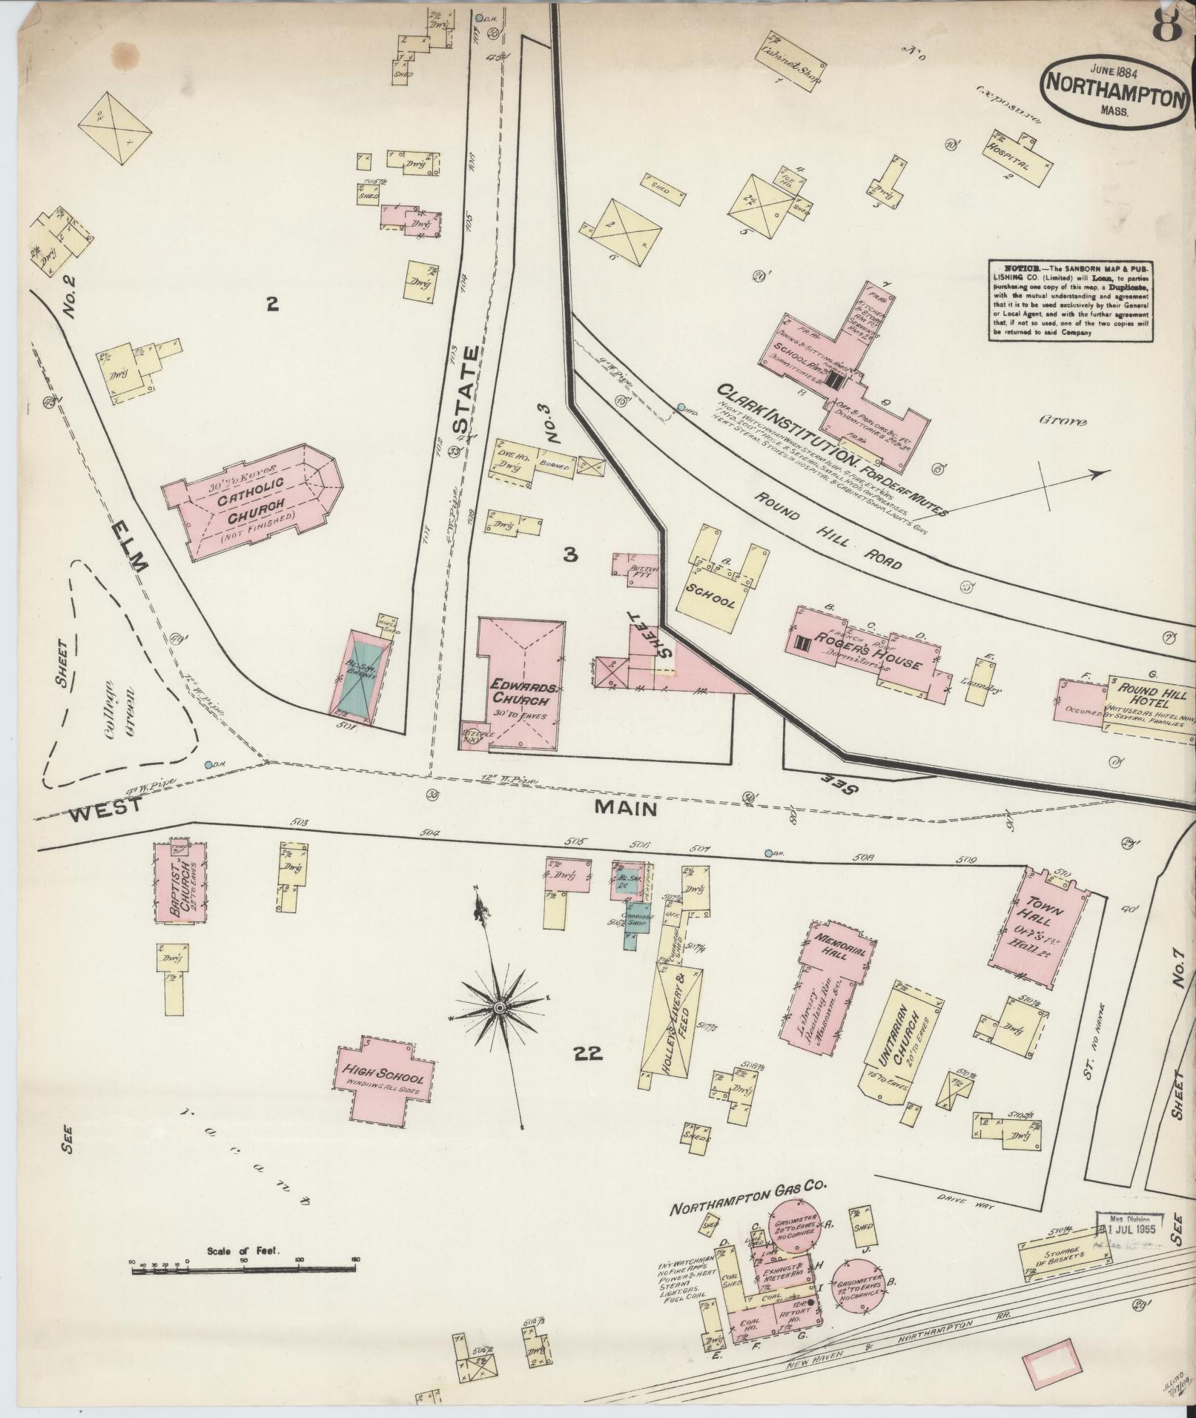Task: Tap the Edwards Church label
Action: click(522, 693)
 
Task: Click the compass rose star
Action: click(500, 1008)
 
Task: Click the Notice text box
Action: click(1071, 300)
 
